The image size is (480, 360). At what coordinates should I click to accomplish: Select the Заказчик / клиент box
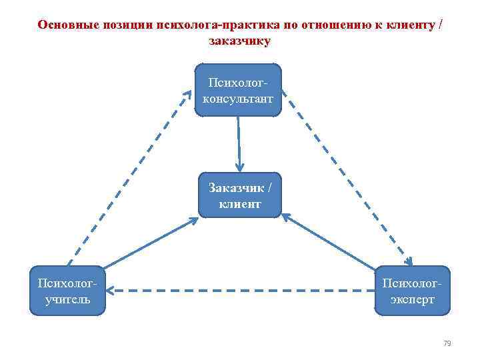tap(240, 195)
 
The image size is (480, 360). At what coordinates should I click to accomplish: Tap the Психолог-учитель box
tap(67, 291)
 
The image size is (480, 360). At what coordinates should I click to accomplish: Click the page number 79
tap(447, 343)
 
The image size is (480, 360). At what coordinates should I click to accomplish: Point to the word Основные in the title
tap(65, 25)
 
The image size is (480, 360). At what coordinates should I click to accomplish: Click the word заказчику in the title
tap(240, 41)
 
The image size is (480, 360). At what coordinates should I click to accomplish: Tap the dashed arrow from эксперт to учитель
tap(240, 290)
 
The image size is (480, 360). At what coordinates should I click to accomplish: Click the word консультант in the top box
tap(239, 98)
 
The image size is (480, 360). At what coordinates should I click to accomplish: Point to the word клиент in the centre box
tap(240, 204)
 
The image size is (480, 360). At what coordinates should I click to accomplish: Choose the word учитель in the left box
tap(67, 299)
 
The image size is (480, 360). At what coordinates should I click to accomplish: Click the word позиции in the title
tap(125, 25)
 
